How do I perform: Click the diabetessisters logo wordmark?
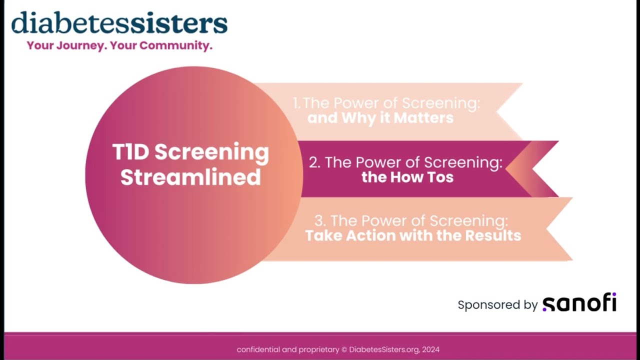[119, 23]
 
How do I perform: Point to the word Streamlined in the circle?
[190, 177]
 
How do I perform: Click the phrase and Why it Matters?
[380, 118]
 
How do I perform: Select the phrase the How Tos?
[407, 177]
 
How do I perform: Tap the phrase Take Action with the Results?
[413, 235]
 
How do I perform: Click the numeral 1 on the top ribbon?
[296, 103]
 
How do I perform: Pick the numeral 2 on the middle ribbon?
[314, 162]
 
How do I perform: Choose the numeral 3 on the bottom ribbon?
[319, 221]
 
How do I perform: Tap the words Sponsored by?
[497, 304]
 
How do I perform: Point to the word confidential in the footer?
[258, 349]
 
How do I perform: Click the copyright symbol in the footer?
[344, 349]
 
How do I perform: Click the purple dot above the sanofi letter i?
[613, 294]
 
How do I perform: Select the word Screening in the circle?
[211, 152]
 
